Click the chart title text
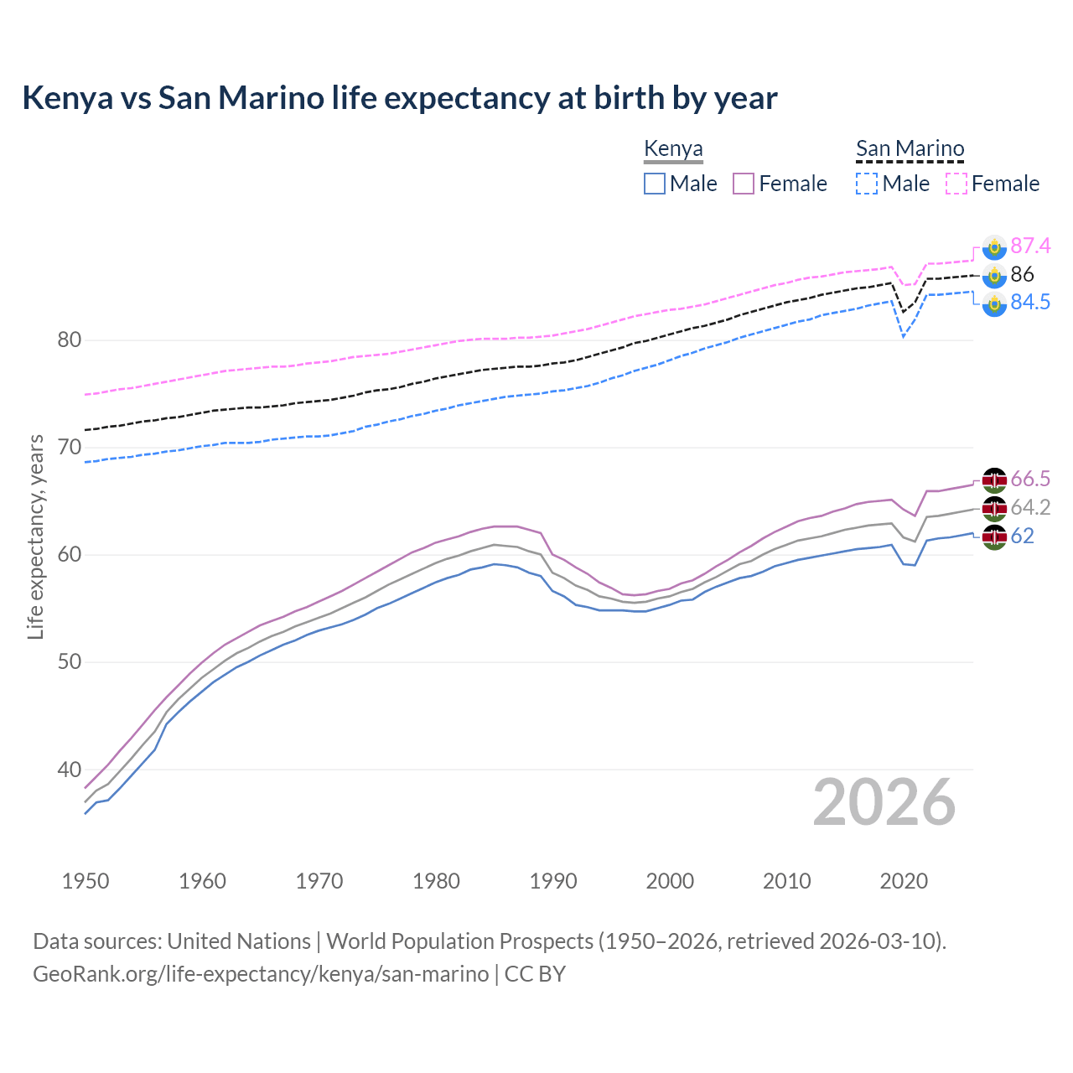[x=400, y=98]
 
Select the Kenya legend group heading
[x=673, y=148]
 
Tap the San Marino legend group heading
[x=910, y=148]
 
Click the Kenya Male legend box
[x=655, y=184]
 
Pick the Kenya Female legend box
[x=744, y=184]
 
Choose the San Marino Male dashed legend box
[x=867, y=184]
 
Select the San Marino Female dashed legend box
[x=956, y=184]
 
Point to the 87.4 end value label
[x=1030, y=246]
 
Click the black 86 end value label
[x=1022, y=274]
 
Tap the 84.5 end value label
[x=1030, y=303]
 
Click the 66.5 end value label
[x=1030, y=479]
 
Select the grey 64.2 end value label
[x=1030, y=507]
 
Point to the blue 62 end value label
[x=1022, y=536]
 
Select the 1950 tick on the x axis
[x=86, y=881]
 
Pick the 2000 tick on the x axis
[x=670, y=881]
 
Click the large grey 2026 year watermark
[x=884, y=803]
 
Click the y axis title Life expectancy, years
[x=35, y=536]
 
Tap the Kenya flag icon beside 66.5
[x=994, y=479]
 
